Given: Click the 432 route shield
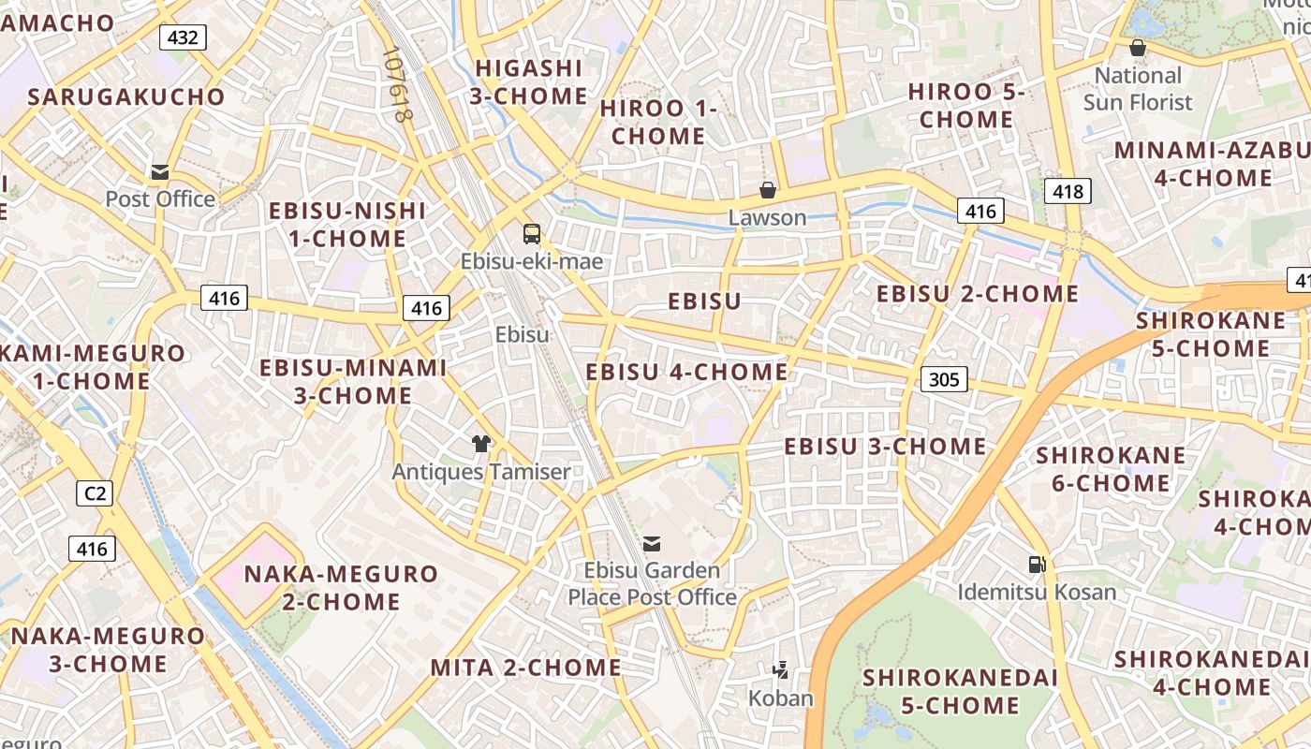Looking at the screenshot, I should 183,37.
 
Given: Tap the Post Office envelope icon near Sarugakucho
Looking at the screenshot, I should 160,172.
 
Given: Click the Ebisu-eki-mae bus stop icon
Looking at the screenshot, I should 532,234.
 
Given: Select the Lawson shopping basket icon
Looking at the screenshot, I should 768,190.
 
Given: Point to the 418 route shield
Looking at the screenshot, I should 1068,192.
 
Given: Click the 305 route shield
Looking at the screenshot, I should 944,379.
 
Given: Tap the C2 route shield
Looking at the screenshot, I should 95,493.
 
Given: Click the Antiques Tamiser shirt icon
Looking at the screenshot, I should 481,444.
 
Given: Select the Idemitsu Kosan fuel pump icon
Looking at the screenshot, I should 1037,564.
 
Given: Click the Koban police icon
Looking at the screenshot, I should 780,669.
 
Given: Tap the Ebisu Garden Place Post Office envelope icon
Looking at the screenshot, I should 652,543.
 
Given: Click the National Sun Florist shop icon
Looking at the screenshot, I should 1138,48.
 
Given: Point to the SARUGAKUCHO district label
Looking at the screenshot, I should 126,97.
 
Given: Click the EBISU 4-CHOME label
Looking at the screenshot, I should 686,373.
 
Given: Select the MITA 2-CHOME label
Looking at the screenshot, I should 525,668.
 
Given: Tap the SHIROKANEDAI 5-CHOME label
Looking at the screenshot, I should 960,691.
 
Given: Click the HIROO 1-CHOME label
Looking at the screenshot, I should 658,123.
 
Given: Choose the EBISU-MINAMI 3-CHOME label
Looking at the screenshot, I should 353,381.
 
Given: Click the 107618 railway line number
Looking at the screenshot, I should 397,85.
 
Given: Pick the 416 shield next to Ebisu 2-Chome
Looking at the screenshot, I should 980,211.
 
